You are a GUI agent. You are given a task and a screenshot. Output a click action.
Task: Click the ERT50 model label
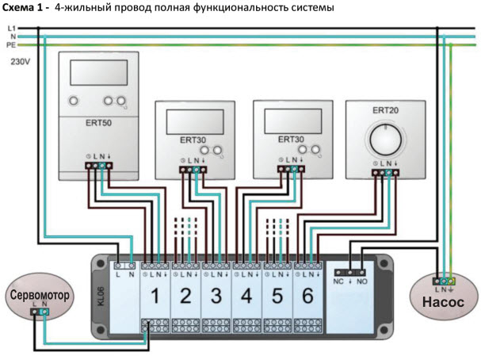tap(98, 124)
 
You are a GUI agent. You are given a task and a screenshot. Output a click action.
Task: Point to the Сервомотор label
tap(40, 295)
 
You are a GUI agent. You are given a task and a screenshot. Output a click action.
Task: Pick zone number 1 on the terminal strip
tap(155, 297)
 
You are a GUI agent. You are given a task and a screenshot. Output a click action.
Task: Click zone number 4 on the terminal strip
tap(246, 297)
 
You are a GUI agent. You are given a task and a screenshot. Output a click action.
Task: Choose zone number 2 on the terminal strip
tap(185, 297)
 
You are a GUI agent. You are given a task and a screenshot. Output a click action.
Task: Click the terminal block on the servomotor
tap(39, 312)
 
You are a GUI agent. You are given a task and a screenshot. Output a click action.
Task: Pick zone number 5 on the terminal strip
tap(276, 297)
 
